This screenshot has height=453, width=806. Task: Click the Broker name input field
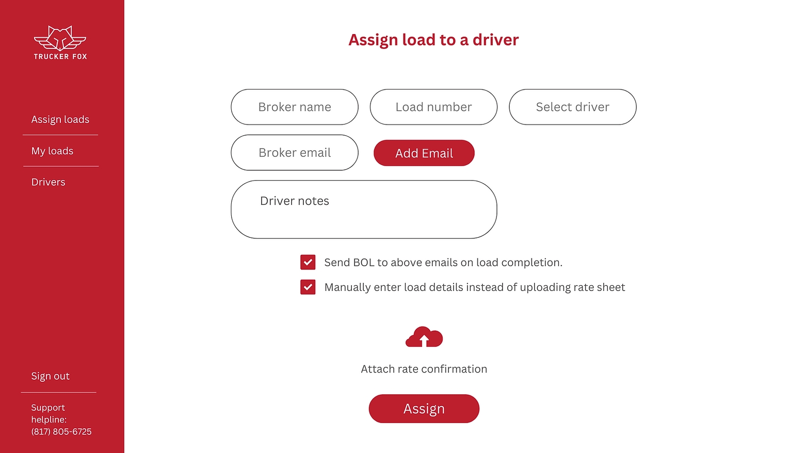pyautogui.click(x=294, y=107)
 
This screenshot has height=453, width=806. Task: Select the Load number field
pyautogui.click(x=433, y=107)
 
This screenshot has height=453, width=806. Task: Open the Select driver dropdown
pyautogui.click(x=572, y=107)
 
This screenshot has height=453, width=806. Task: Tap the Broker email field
pyautogui.click(x=294, y=153)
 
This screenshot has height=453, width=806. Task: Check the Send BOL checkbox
pyautogui.click(x=308, y=262)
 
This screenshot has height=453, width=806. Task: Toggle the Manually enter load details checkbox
pyautogui.click(x=308, y=287)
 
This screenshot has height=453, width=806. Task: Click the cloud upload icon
pyautogui.click(x=424, y=337)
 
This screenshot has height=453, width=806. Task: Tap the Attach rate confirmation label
pyautogui.click(x=424, y=369)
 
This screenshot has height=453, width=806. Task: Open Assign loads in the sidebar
pyautogui.click(x=60, y=120)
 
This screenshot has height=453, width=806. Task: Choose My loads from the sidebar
pyautogui.click(x=52, y=151)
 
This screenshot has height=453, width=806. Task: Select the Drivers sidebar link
pyautogui.click(x=48, y=182)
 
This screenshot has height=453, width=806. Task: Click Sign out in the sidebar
pyautogui.click(x=50, y=376)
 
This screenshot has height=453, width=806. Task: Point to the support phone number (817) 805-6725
pyautogui.click(x=61, y=432)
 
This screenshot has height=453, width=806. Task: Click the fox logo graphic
pyautogui.click(x=60, y=38)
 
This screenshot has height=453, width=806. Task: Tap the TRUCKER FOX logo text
pyautogui.click(x=60, y=57)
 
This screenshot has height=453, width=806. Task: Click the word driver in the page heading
pyautogui.click(x=495, y=40)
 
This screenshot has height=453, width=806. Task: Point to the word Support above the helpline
pyautogui.click(x=48, y=408)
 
